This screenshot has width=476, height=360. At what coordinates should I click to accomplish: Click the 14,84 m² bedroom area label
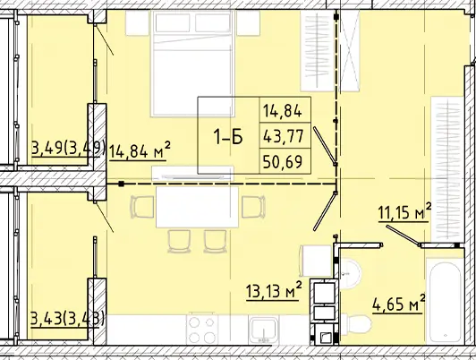point(139,150)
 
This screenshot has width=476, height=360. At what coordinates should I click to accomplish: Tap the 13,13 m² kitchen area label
point(274,291)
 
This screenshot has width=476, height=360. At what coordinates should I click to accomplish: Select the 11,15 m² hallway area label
point(404,211)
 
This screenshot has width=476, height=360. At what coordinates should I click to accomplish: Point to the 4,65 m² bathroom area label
point(398,304)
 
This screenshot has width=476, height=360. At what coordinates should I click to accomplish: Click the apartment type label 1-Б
point(228,137)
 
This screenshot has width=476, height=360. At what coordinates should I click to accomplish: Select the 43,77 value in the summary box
point(284,136)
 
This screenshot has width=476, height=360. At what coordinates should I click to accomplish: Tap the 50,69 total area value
point(283,161)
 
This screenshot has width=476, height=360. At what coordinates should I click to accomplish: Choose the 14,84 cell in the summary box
point(283,110)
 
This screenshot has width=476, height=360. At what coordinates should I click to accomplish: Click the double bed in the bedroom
point(192,64)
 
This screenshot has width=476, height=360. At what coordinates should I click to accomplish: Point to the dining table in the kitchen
point(197,207)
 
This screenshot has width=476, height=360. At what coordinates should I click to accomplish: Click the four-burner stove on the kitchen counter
point(202,330)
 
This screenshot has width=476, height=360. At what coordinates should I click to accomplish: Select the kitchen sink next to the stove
point(263,330)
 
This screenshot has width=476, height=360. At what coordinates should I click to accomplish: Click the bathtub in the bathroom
point(446,301)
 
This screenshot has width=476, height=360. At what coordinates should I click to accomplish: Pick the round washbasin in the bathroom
point(350,272)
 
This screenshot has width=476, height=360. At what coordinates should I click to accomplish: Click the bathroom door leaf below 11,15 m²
point(404,235)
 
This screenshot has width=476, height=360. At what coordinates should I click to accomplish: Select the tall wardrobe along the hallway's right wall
point(447,169)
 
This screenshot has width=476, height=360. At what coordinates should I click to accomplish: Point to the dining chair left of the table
point(142,207)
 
